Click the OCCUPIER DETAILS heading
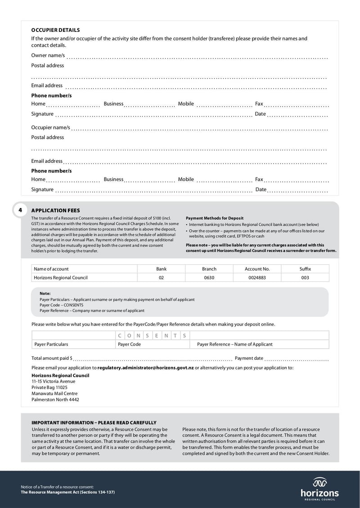[x=55, y=30]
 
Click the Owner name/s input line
[x=197, y=57]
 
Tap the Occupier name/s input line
[x=199, y=129]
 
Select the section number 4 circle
[x=20, y=210]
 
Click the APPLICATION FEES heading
[x=55, y=210]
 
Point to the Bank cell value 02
[x=161, y=278]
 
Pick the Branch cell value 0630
[x=209, y=278]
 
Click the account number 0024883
[x=257, y=278]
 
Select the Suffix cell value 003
[x=305, y=278]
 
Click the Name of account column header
[x=51, y=269]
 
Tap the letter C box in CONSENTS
[x=120, y=335]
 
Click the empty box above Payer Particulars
[x=73, y=335]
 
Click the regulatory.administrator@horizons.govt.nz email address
[x=145, y=368]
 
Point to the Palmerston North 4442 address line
[x=55, y=399]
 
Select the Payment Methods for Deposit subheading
[x=214, y=218]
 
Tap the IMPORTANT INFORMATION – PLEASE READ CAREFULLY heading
[x=94, y=423]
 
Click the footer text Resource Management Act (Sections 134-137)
[x=67, y=492]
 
